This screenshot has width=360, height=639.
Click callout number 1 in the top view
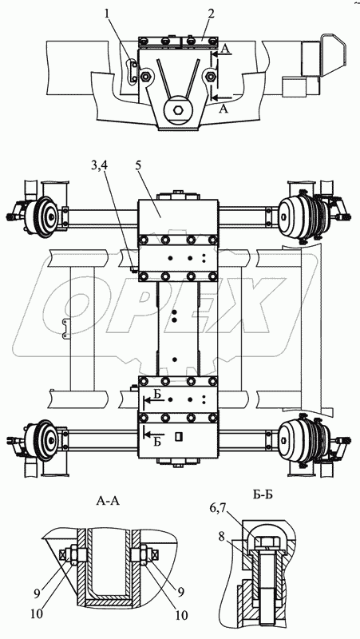pyautogui.click(x=107, y=14)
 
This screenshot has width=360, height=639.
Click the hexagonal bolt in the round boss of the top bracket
pyautogui.click(x=178, y=110)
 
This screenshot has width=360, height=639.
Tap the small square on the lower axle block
pyautogui.click(x=177, y=436)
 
